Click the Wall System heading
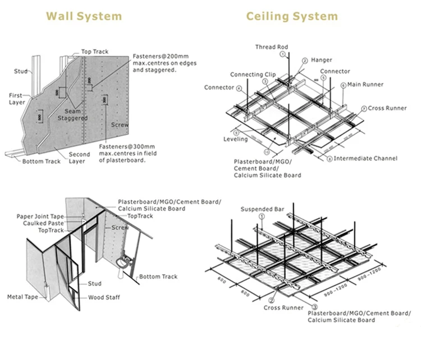point(85,16)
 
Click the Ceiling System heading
point(292,16)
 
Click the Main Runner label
point(365,85)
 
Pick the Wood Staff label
point(103,297)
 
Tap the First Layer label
point(16,100)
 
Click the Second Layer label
point(79,158)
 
